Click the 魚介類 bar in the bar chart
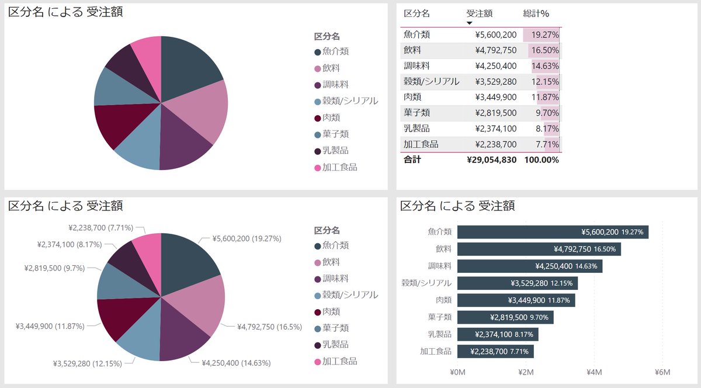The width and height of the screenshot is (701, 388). coord(552,232)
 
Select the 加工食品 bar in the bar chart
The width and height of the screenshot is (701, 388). coord(495,351)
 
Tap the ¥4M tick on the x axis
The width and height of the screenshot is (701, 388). coord(594,372)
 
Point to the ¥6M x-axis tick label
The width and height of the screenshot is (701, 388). coord(662,372)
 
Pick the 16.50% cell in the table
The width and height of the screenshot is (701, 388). coord(544,51)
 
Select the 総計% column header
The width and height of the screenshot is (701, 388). coord(536,13)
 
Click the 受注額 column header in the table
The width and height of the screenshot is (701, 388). coord(480,13)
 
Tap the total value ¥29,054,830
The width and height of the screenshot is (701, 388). coord(491,160)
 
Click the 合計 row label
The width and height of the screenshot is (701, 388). coord(412,160)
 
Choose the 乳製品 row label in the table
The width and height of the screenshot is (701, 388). coord(417,129)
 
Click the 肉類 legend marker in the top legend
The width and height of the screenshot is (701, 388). coord(317,118)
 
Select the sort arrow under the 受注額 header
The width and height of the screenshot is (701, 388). coord(469,23)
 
